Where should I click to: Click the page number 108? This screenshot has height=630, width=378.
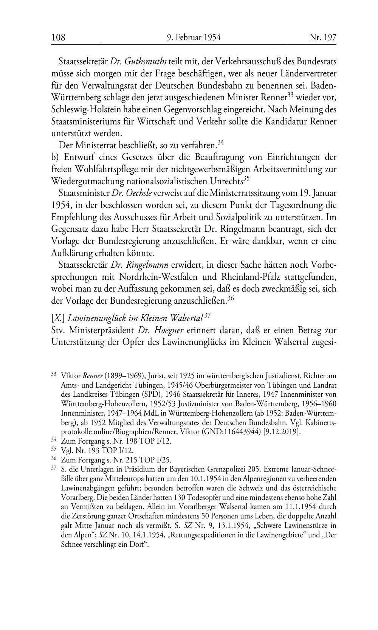click(x=58, y=37)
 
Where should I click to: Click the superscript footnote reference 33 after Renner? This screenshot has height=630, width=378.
click(x=290, y=95)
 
